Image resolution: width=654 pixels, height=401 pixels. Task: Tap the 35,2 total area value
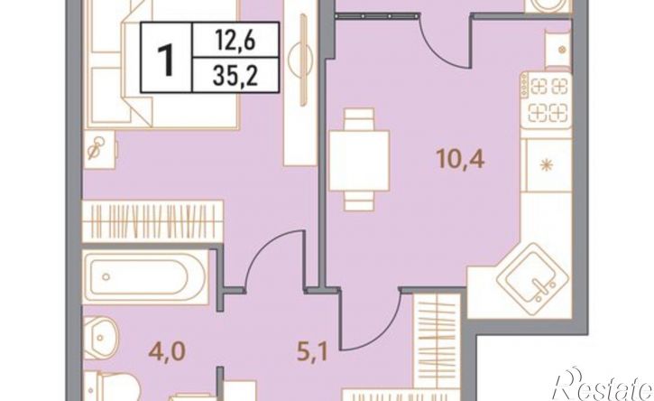(235, 76)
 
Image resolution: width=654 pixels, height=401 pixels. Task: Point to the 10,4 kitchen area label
(460, 159)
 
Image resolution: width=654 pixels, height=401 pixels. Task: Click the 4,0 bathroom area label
(166, 351)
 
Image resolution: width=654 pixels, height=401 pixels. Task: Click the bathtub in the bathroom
(146, 277)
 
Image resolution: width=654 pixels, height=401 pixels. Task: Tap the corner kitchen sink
(532, 274)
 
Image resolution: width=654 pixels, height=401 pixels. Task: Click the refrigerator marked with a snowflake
(547, 165)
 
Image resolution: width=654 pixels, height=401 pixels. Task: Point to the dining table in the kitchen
(359, 160)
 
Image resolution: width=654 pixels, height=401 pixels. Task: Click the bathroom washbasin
(101, 338)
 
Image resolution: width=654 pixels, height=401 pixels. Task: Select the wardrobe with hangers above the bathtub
(152, 221)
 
